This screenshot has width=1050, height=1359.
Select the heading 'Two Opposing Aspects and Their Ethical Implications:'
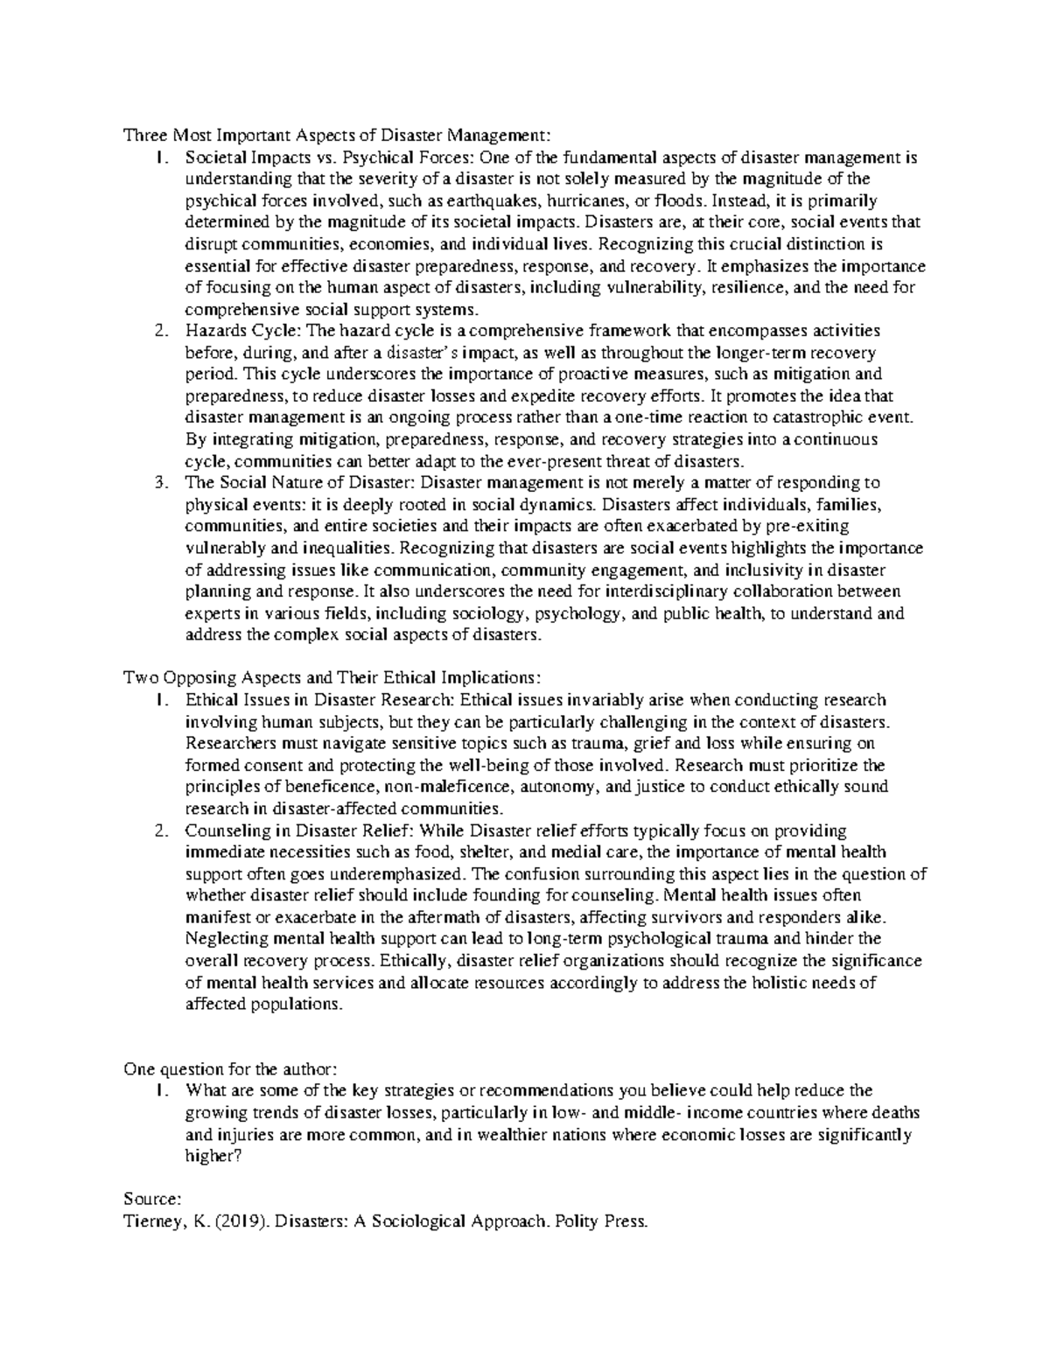point(332,678)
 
